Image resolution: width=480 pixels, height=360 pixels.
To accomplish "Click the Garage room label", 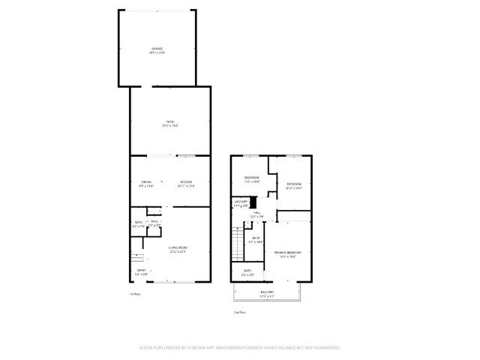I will coord(156,49).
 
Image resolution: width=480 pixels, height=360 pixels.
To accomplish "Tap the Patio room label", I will coord(170,121).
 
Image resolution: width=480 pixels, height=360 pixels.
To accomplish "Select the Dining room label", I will coord(145,181).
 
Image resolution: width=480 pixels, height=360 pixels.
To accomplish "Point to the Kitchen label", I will coord(185,181).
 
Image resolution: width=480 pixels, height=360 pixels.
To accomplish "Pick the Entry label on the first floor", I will coord(140,270).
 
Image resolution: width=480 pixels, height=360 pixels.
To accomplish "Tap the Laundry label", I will coord(241,201).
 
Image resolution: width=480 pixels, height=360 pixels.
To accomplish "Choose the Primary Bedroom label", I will coord(287,253).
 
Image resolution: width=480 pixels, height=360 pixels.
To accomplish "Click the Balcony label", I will coord(267,292).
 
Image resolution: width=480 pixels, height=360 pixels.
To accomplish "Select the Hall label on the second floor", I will coord(256,214).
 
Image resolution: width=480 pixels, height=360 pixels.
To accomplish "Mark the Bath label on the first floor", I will coord(139,222).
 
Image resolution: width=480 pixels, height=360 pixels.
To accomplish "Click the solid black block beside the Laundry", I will coord(253,202).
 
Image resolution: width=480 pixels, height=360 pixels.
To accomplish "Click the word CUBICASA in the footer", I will coord(200,348).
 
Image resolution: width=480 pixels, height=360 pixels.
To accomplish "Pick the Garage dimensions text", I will coord(156,53).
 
